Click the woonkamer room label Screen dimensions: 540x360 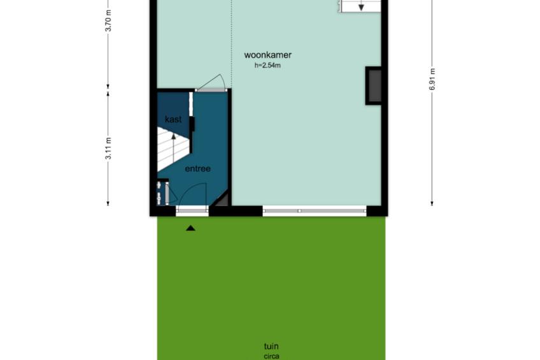point(267,55)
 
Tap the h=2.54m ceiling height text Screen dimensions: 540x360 point(267,65)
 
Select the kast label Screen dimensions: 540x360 point(173,119)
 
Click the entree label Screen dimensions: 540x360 point(197,168)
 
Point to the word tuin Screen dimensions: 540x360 point(271,346)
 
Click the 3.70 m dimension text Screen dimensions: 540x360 point(108,20)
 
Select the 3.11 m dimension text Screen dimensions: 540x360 point(108,148)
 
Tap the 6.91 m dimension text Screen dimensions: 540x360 point(432,79)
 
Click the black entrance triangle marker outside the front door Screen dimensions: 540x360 point(191,228)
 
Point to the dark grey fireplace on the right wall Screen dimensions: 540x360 point(374,86)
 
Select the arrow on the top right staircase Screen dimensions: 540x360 point(361,6)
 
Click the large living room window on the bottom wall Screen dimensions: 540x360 point(315,211)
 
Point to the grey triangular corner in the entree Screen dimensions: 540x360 point(222,200)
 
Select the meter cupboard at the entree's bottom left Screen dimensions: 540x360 point(163,192)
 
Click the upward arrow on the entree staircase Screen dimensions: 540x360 point(174,147)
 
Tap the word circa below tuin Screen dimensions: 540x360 point(271,356)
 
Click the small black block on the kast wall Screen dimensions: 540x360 point(192,124)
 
